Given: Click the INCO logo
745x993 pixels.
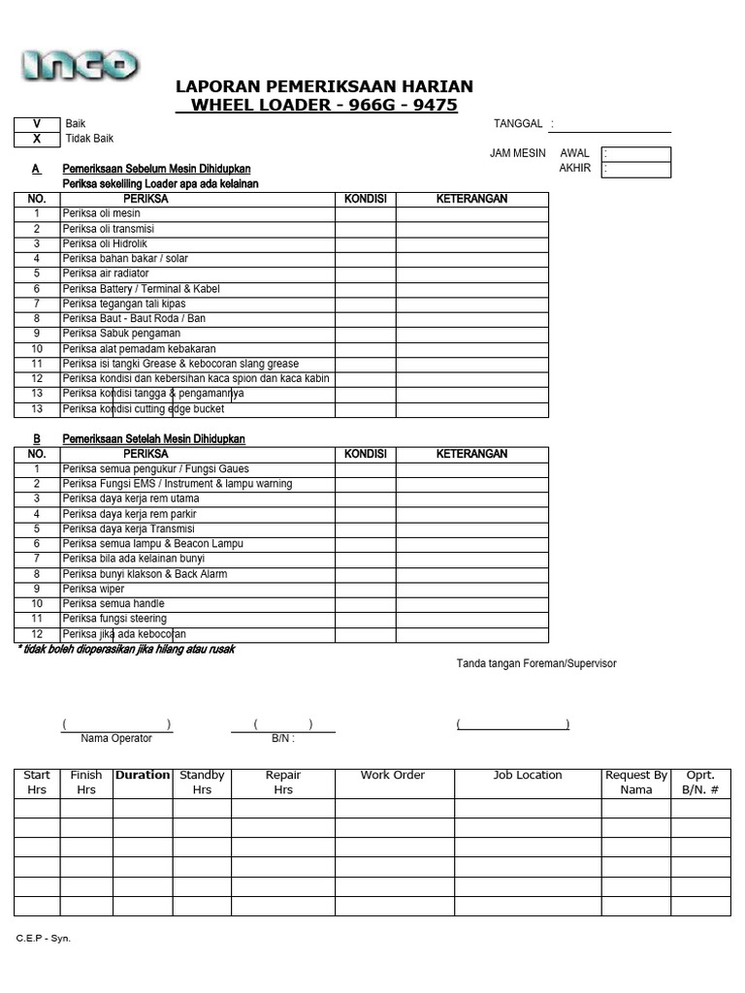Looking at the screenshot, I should [x=80, y=65].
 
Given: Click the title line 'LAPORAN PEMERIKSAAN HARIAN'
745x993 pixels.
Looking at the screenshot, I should [x=324, y=86].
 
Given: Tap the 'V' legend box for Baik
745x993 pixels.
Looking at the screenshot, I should [x=37, y=124].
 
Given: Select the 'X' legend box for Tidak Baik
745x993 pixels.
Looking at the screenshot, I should [x=37, y=139].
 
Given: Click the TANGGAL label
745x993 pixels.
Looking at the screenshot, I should [x=518, y=124].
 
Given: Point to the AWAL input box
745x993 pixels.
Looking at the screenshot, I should [x=635, y=154].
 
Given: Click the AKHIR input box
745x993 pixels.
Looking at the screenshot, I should [x=635, y=170].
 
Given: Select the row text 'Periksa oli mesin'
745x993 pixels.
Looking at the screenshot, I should [x=102, y=213].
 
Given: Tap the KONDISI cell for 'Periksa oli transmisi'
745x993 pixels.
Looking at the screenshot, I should [x=365, y=229].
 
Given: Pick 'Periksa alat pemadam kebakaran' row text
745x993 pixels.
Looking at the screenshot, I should [x=139, y=348].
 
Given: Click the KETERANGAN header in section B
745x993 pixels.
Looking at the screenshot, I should [x=471, y=454].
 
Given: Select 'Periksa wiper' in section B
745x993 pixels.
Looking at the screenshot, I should [x=93, y=589].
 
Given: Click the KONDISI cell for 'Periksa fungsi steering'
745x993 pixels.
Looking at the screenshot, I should [x=365, y=619].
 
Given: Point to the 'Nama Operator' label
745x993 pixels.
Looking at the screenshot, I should [x=116, y=738].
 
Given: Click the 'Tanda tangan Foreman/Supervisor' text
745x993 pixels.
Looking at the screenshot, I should [x=536, y=663].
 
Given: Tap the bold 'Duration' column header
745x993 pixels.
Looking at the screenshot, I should [x=143, y=776].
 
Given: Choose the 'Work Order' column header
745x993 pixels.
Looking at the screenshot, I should [x=393, y=776].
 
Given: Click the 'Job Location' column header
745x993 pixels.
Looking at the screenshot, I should [x=528, y=776].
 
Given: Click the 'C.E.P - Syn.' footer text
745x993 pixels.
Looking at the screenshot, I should [x=43, y=939].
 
